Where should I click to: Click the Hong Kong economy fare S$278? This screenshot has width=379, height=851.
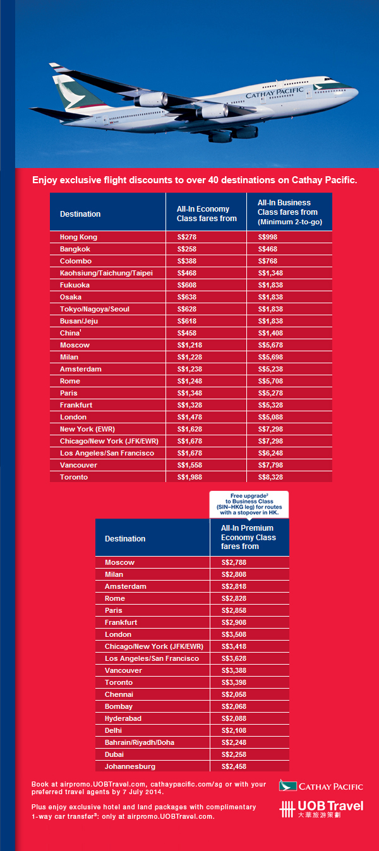pyautogui.click(x=187, y=237)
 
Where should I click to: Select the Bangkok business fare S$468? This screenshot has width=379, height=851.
pyautogui.click(x=268, y=249)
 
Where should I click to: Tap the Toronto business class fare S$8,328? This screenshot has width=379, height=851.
pyautogui.click(x=270, y=477)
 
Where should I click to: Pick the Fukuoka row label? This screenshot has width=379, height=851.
pyautogui.click(x=75, y=285)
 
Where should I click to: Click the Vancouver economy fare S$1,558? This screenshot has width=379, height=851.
pyautogui.click(x=189, y=465)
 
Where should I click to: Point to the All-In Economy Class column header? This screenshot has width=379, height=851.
pyautogui.click(x=207, y=214)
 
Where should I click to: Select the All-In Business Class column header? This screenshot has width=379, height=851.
pyautogui.click(x=290, y=212)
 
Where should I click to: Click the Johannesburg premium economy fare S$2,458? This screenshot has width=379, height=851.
pyautogui.click(x=234, y=766)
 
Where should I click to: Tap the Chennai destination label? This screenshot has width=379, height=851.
pyautogui.click(x=119, y=694)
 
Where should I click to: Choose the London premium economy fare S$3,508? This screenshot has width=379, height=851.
pyautogui.click(x=234, y=634)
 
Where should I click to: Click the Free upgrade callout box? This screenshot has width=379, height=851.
pyautogui.click(x=249, y=504)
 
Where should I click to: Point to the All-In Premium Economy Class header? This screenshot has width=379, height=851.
pyautogui.click(x=248, y=537)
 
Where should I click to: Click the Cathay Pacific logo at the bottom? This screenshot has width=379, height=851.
pyautogui.click(x=321, y=786)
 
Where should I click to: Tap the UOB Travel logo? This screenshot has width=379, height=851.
pyautogui.click(x=322, y=809)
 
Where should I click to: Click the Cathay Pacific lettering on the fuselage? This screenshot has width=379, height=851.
pyautogui.click(x=275, y=93)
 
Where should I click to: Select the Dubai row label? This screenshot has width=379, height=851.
pyautogui.click(x=114, y=754)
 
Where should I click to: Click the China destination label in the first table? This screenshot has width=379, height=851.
pyautogui.click(x=70, y=333)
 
